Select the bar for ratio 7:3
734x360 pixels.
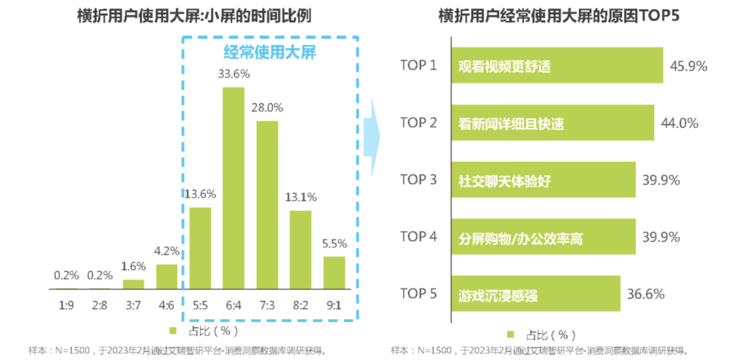tap(267, 205)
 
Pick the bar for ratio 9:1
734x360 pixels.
tap(334, 272)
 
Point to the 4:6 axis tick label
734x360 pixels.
tap(167, 306)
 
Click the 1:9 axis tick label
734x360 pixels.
tap(67, 306)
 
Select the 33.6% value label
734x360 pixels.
tap(233, 74)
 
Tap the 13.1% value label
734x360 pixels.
tap(300, 197)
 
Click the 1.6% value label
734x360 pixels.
tap(134, 267)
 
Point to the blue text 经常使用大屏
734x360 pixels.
tap(270, 53)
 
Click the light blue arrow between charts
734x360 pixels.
tap(371, 136)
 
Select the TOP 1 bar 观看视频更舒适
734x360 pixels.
tap(557, 65)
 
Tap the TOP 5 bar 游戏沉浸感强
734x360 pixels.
tap(536, 294)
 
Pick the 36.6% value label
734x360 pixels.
tap(646, 294)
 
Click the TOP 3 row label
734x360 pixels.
tap(419, 179)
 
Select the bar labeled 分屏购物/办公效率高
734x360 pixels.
tap(543, 237)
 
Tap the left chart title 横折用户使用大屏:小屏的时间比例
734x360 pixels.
tap(194, 16)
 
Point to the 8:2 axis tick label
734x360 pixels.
tap(300, 306)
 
